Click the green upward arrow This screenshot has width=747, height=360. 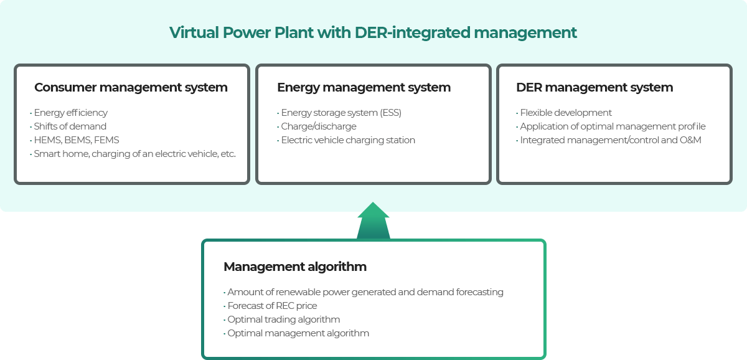(x=373, y=221)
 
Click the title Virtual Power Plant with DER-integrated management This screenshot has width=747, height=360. (x=373, y=33)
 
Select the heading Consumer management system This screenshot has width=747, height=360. (x=131, y=87)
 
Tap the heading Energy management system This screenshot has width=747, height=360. (x=364, y=87)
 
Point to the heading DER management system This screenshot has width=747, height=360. (x=594, y=87)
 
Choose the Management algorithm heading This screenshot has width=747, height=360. (x=295, y=267)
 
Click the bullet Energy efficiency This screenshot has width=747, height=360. (x=68, y=113)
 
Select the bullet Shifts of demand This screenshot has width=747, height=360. (x=68, y=126)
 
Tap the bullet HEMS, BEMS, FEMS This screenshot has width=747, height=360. (x=74, y=140)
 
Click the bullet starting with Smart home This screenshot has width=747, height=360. (x=133, y=154)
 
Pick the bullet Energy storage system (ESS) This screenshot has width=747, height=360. (x=339, y=113)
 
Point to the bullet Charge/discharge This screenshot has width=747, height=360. (x=316, y=126)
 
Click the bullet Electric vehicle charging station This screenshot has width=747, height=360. (x=346, y=140)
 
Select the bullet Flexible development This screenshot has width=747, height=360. (x=564, y=113)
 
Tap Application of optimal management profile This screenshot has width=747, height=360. (x=611, y=126)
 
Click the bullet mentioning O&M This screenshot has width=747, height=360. (x=609, y=140)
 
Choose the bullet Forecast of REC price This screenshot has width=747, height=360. (x=270, y=306)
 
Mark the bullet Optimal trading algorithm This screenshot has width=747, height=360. (x=282, y=320)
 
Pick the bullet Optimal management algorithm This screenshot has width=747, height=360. (x=296, y=333)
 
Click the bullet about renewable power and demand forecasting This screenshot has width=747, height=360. (x=364, y=292)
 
